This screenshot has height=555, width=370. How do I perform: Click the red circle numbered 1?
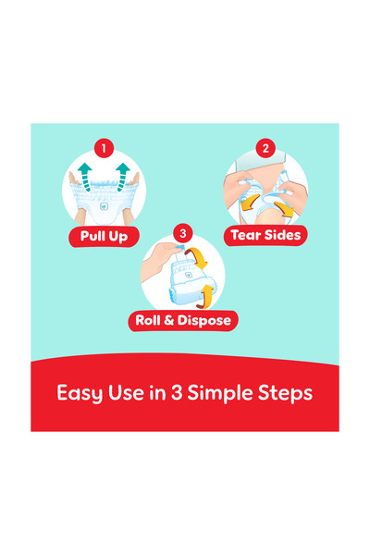point(104,148)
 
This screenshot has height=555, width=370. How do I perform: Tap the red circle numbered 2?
point(265,148)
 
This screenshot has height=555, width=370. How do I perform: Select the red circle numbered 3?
point(183,234)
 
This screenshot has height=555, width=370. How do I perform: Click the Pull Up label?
point(104,237)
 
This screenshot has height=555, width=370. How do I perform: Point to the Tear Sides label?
point(265,235)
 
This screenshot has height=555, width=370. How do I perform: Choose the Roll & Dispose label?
point(183,321)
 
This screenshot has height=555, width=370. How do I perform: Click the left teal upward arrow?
point(85,177)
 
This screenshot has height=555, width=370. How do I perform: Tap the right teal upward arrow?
point(122,177)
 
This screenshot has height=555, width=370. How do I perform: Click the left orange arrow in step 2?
point(250,203)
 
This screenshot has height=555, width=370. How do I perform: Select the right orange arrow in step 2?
point(284,209)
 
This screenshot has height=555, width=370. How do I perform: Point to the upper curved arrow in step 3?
point(197,257)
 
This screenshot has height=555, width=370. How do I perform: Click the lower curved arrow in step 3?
point(205,297)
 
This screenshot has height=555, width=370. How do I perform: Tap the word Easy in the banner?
point(80,393)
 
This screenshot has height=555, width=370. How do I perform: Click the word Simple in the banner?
point(220,393)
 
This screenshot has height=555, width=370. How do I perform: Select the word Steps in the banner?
point(285,393)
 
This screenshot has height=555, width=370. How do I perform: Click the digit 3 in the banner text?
point(177,392)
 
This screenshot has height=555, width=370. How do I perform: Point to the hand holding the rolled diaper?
point(158,259)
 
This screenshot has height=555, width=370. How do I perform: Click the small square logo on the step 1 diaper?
point(104,206)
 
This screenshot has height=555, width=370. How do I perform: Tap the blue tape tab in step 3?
point(179,246)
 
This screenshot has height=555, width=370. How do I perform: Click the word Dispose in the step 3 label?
point(203,321)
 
